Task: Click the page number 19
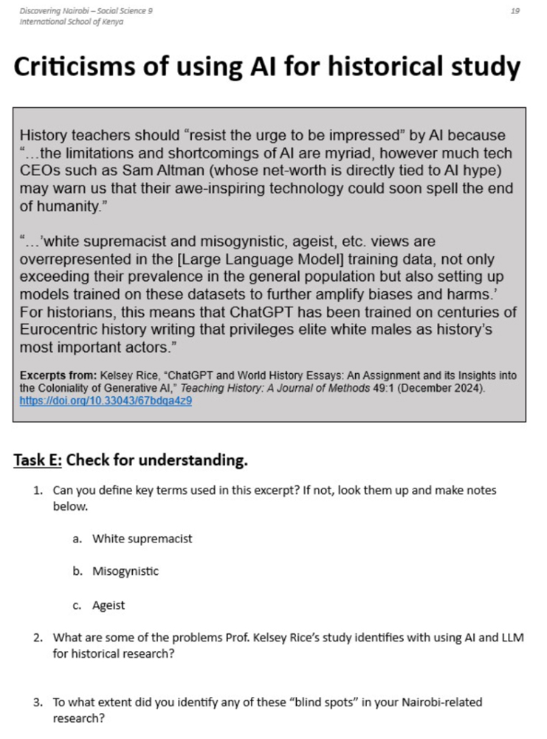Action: (x=515, y=11)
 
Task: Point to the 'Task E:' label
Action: (x=38, y=460)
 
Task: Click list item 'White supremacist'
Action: (x=142, y=538)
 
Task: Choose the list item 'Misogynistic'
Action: (x=125, y=571)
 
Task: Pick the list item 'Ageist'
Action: (x=109, y=605)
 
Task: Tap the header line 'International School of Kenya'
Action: (x=71, y=21)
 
